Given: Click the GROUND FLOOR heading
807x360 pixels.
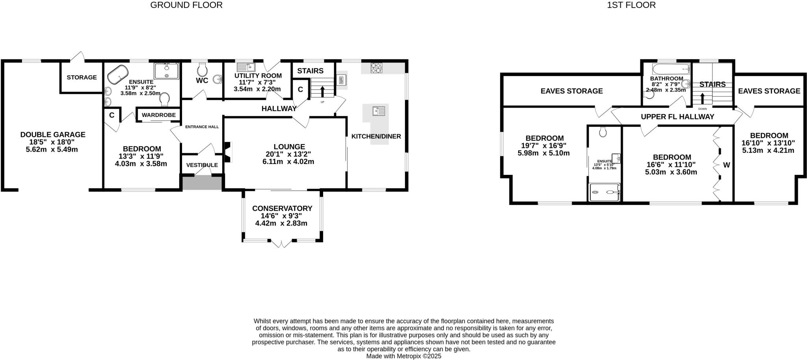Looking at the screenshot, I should (186, 5).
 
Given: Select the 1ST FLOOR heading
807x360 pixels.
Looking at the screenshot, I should (631, 5).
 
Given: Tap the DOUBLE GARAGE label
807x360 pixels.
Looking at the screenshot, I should (53, 135).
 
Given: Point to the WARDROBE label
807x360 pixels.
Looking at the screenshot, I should (158, 115).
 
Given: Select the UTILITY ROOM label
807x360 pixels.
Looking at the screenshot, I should (258, 76).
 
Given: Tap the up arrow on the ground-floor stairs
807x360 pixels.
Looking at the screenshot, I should (322, 91).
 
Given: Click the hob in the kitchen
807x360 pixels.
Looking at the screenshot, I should (376, 68).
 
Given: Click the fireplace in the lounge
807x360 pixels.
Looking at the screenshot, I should (228, 152).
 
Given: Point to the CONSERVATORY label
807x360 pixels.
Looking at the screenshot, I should (282, 208).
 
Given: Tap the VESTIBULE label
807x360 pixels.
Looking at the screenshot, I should (202, 165).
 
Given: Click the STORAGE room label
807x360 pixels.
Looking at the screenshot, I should (82, 77).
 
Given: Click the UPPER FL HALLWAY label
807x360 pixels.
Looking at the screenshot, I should (677, 117).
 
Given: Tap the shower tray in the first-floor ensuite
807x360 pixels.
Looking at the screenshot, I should (604, 193).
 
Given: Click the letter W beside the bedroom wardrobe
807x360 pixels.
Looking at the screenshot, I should (726, 165).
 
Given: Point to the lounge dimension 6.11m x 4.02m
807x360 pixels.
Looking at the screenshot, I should (288, 161).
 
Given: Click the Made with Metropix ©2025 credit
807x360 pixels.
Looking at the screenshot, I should (403, 356).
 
